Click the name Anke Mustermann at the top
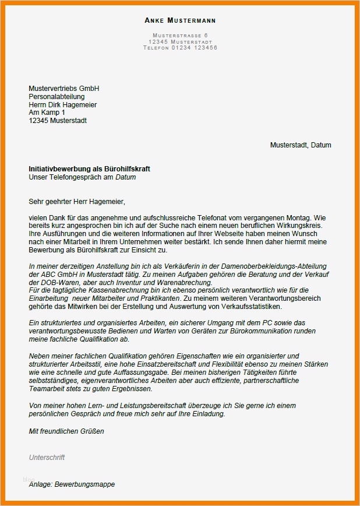click(180, 20)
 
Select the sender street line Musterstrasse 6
click(180, 36)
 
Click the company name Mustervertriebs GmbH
click(64, 88)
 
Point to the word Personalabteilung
click(57, 96)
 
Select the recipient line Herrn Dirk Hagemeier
click(63, 104)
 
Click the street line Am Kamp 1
click(47, 113)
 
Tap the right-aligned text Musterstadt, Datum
click(300, 145)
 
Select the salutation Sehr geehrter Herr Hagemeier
click(77, 201)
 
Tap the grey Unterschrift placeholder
click(47, 458)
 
